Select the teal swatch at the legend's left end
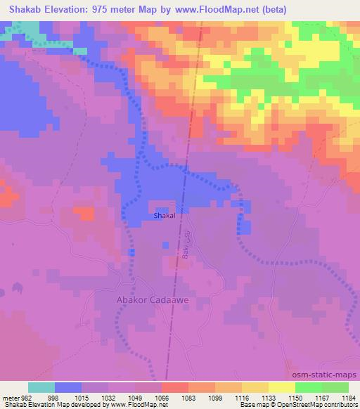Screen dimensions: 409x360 coord(41,387)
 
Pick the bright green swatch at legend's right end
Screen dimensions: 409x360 coord(335,387)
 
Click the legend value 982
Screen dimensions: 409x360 coord(24,397)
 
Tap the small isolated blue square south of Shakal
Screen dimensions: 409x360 coord(166,245)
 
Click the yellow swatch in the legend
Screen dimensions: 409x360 coord(281,387)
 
